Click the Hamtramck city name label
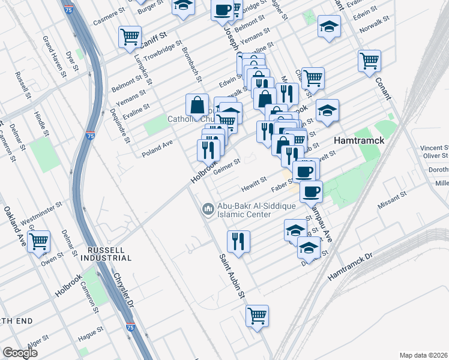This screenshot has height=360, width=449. pyautogui.click(x=358, y=140)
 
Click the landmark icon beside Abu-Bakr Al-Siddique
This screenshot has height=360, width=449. pyautogui.click(x=208, y=209)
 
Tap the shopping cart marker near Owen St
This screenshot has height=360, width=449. pyautogui.click(x=39, y=241)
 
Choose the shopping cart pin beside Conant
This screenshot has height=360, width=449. pyautogui.click(x=369, y=60)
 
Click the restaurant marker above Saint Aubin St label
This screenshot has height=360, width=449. pyautogui.click(x=238, y=241)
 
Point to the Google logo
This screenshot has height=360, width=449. pyautogui.click(x=21, y=353)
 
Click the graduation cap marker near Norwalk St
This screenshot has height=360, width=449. pyautogui.click(x=328, y=26)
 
